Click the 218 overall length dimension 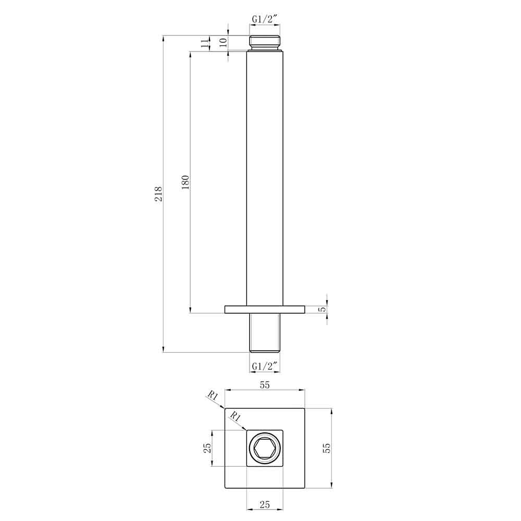point(159,194)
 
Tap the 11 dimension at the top point(204,43)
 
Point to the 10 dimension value point(223,43)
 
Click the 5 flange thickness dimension point(322,309)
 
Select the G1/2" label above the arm point(266,20)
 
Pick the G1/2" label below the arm point(266,367)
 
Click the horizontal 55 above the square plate point(265,386)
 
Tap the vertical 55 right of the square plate point(327,448)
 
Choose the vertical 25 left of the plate point(207,448)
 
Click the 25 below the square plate point(265,504)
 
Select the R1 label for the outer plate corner point(212,397)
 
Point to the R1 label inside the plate point(235,417)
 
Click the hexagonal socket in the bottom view point(265,448)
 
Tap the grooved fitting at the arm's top point(266,42)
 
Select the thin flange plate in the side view point(265,309)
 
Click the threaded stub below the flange point(265,332)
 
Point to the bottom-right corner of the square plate point(304,488)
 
